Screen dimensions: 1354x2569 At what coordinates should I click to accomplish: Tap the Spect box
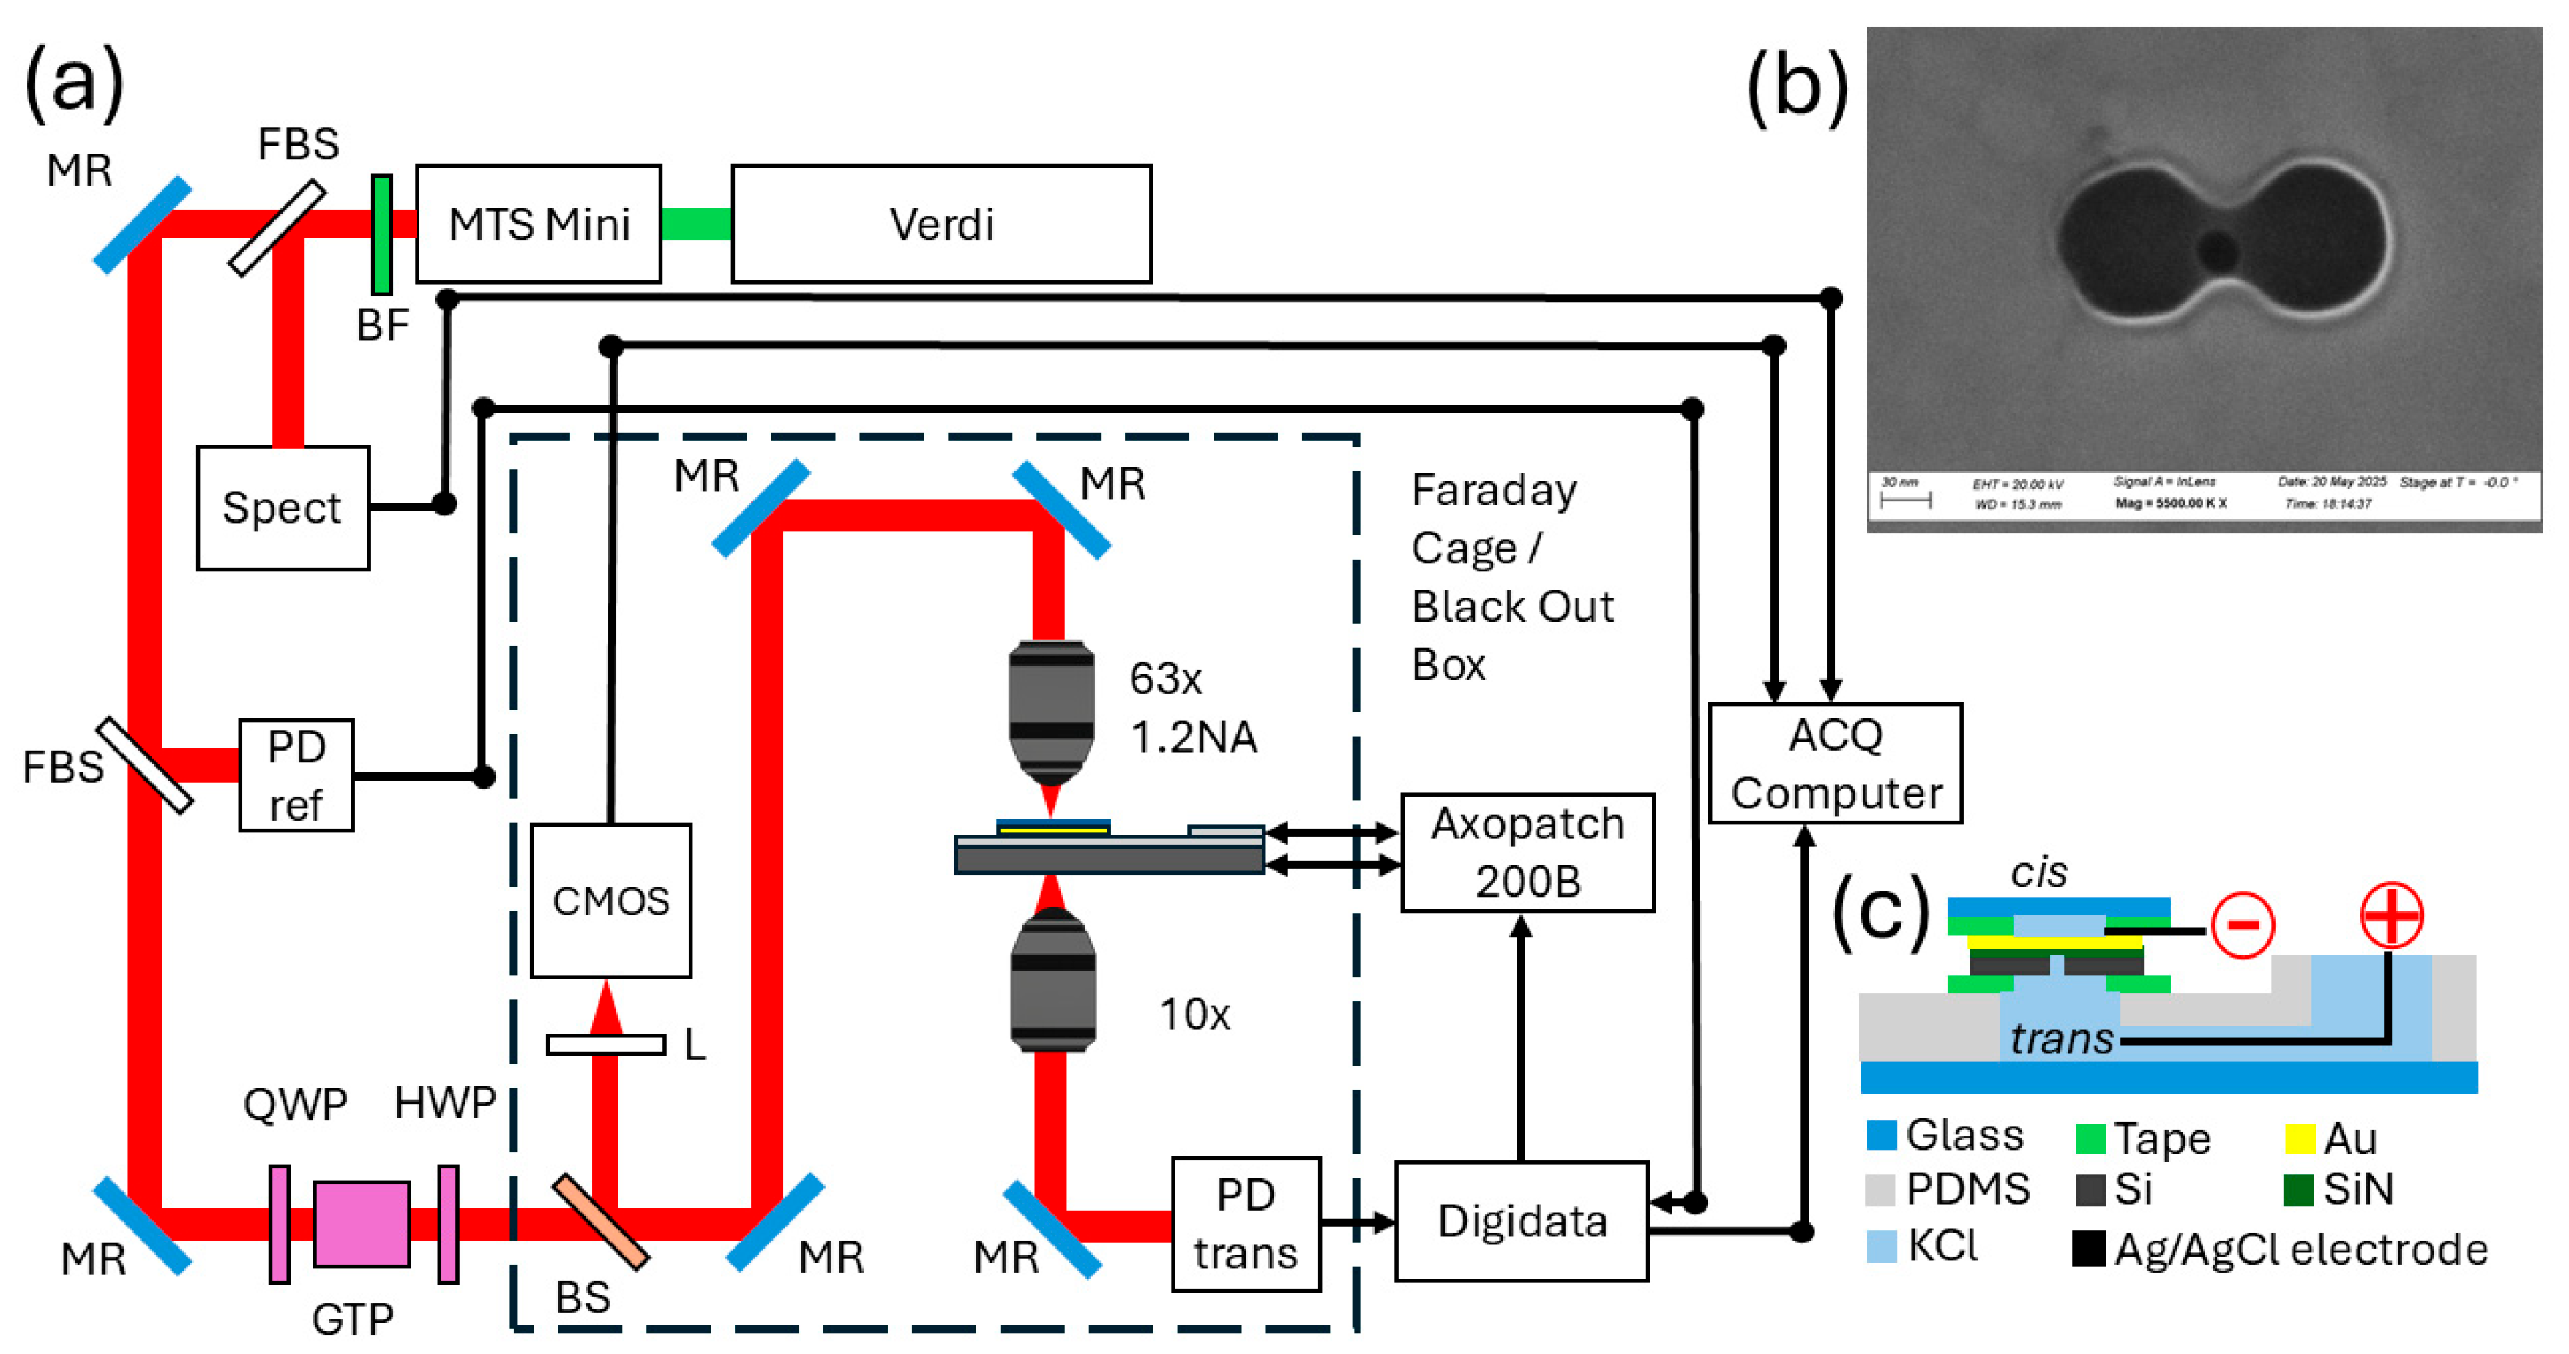283,508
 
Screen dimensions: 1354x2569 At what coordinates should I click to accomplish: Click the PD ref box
296,775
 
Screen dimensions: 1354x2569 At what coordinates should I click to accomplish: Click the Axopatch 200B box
1527,852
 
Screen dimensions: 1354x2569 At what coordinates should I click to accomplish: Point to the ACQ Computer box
1835,764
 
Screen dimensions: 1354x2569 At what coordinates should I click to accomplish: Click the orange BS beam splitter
600,1222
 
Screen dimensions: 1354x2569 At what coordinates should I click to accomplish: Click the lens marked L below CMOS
605,1044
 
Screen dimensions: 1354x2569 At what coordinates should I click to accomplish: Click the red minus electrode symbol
2243,926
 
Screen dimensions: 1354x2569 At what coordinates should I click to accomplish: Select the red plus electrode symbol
2390,914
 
